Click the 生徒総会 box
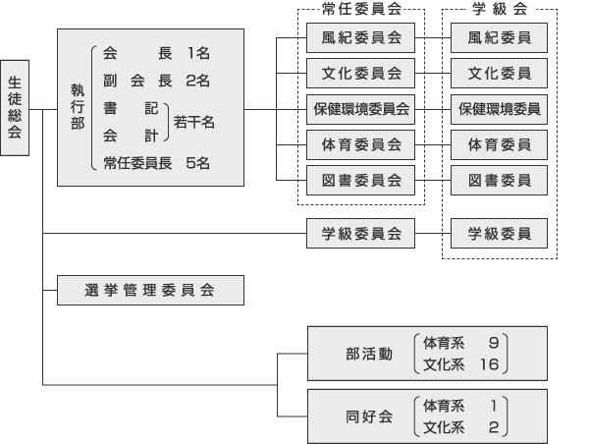[15, 107]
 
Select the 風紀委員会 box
[360, 37]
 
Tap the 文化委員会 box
[360, 73]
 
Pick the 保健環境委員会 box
[360, 109]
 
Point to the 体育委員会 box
[360, 144]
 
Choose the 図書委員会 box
[360, 180]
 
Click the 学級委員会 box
[360, 233]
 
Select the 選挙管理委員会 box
[150, 290]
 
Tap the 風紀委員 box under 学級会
[499, 37]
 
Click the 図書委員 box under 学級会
[499, 180]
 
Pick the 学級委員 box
[499, 233]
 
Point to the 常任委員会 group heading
[361, 9]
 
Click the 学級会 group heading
[500, 9]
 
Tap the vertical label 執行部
[78, 107]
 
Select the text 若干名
[193, 122]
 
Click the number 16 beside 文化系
[489, 364]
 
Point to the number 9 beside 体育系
[494, 343]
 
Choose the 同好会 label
[369, 416]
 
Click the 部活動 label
[369, 354]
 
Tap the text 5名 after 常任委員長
[197, 163]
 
